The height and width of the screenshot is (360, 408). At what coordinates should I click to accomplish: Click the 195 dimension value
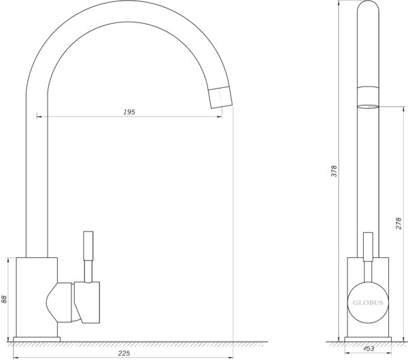129,112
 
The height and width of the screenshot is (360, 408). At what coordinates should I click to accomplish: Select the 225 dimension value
124,353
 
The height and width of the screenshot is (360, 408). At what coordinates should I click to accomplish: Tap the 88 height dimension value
4,299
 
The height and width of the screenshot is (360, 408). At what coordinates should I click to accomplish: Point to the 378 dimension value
334,171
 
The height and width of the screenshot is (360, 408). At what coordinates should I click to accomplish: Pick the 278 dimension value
399,223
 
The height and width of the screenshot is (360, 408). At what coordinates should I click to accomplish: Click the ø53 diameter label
369,348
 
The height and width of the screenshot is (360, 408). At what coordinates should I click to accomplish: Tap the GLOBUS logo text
368,303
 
